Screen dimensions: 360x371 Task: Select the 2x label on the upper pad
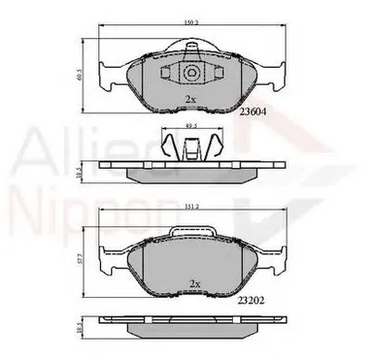click(191, 97)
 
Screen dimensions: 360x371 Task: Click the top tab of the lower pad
click(194, 232)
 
